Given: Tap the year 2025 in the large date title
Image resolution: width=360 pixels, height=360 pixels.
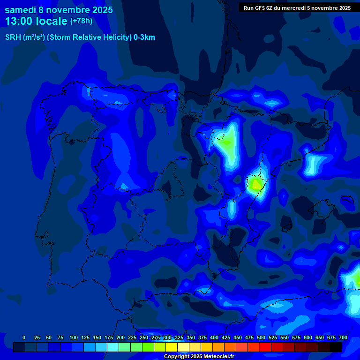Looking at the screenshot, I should [99, 10].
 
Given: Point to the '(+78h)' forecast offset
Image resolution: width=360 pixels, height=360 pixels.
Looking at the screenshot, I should [81, 21].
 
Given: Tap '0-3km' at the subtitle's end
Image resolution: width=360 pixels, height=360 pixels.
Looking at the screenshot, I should [144, 37].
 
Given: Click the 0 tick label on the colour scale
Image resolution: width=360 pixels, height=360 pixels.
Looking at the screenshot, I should [24, 337].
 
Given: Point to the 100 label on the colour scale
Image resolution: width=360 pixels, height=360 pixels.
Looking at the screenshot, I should [74, 337].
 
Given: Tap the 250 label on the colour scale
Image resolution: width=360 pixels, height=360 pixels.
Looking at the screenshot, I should [144, 337].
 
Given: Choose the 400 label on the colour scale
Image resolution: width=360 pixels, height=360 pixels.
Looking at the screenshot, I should [214, 337].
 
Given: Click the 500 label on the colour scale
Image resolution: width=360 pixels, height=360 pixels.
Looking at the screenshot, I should [261, 337].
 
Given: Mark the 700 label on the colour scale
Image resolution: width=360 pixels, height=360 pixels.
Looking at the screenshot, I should [343, 337].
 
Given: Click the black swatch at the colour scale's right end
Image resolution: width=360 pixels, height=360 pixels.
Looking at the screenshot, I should [336, 347].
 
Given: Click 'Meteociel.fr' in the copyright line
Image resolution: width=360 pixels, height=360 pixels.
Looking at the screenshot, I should [218, 357].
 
